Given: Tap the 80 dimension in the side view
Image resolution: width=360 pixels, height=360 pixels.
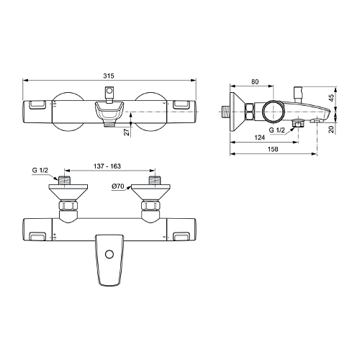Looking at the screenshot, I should click(255, 82).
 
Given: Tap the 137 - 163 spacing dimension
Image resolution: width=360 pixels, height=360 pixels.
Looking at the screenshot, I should click(109, 166).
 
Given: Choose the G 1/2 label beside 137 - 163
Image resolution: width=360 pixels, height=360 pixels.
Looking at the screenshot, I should click(40, 170).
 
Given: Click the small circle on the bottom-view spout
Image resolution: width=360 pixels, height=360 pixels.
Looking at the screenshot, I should click(109, 253).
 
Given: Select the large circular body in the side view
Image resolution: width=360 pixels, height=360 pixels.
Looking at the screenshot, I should click(273, 111).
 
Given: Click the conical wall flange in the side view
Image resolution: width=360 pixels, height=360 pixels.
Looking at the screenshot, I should click(235, 111).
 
